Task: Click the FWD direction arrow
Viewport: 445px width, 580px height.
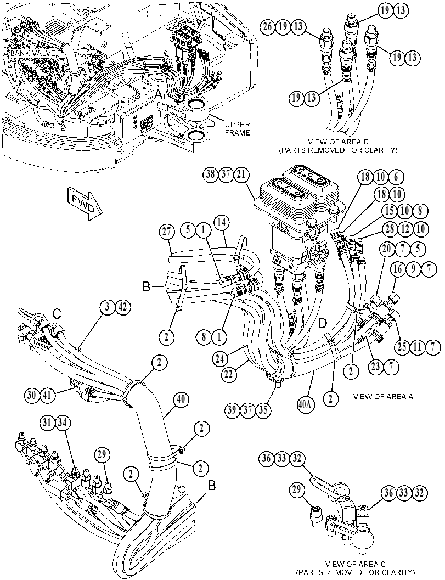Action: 85,204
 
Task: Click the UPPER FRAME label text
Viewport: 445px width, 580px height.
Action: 238,129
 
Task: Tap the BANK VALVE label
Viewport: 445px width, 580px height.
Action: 31,54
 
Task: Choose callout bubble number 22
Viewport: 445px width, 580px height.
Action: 229,374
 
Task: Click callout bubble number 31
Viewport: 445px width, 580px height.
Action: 48,423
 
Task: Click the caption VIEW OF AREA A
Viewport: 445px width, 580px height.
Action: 383,397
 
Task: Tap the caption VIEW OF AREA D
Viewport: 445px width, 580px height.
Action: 339,142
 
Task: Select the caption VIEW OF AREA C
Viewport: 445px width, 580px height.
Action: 355,564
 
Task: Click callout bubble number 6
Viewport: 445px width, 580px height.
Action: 396,177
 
